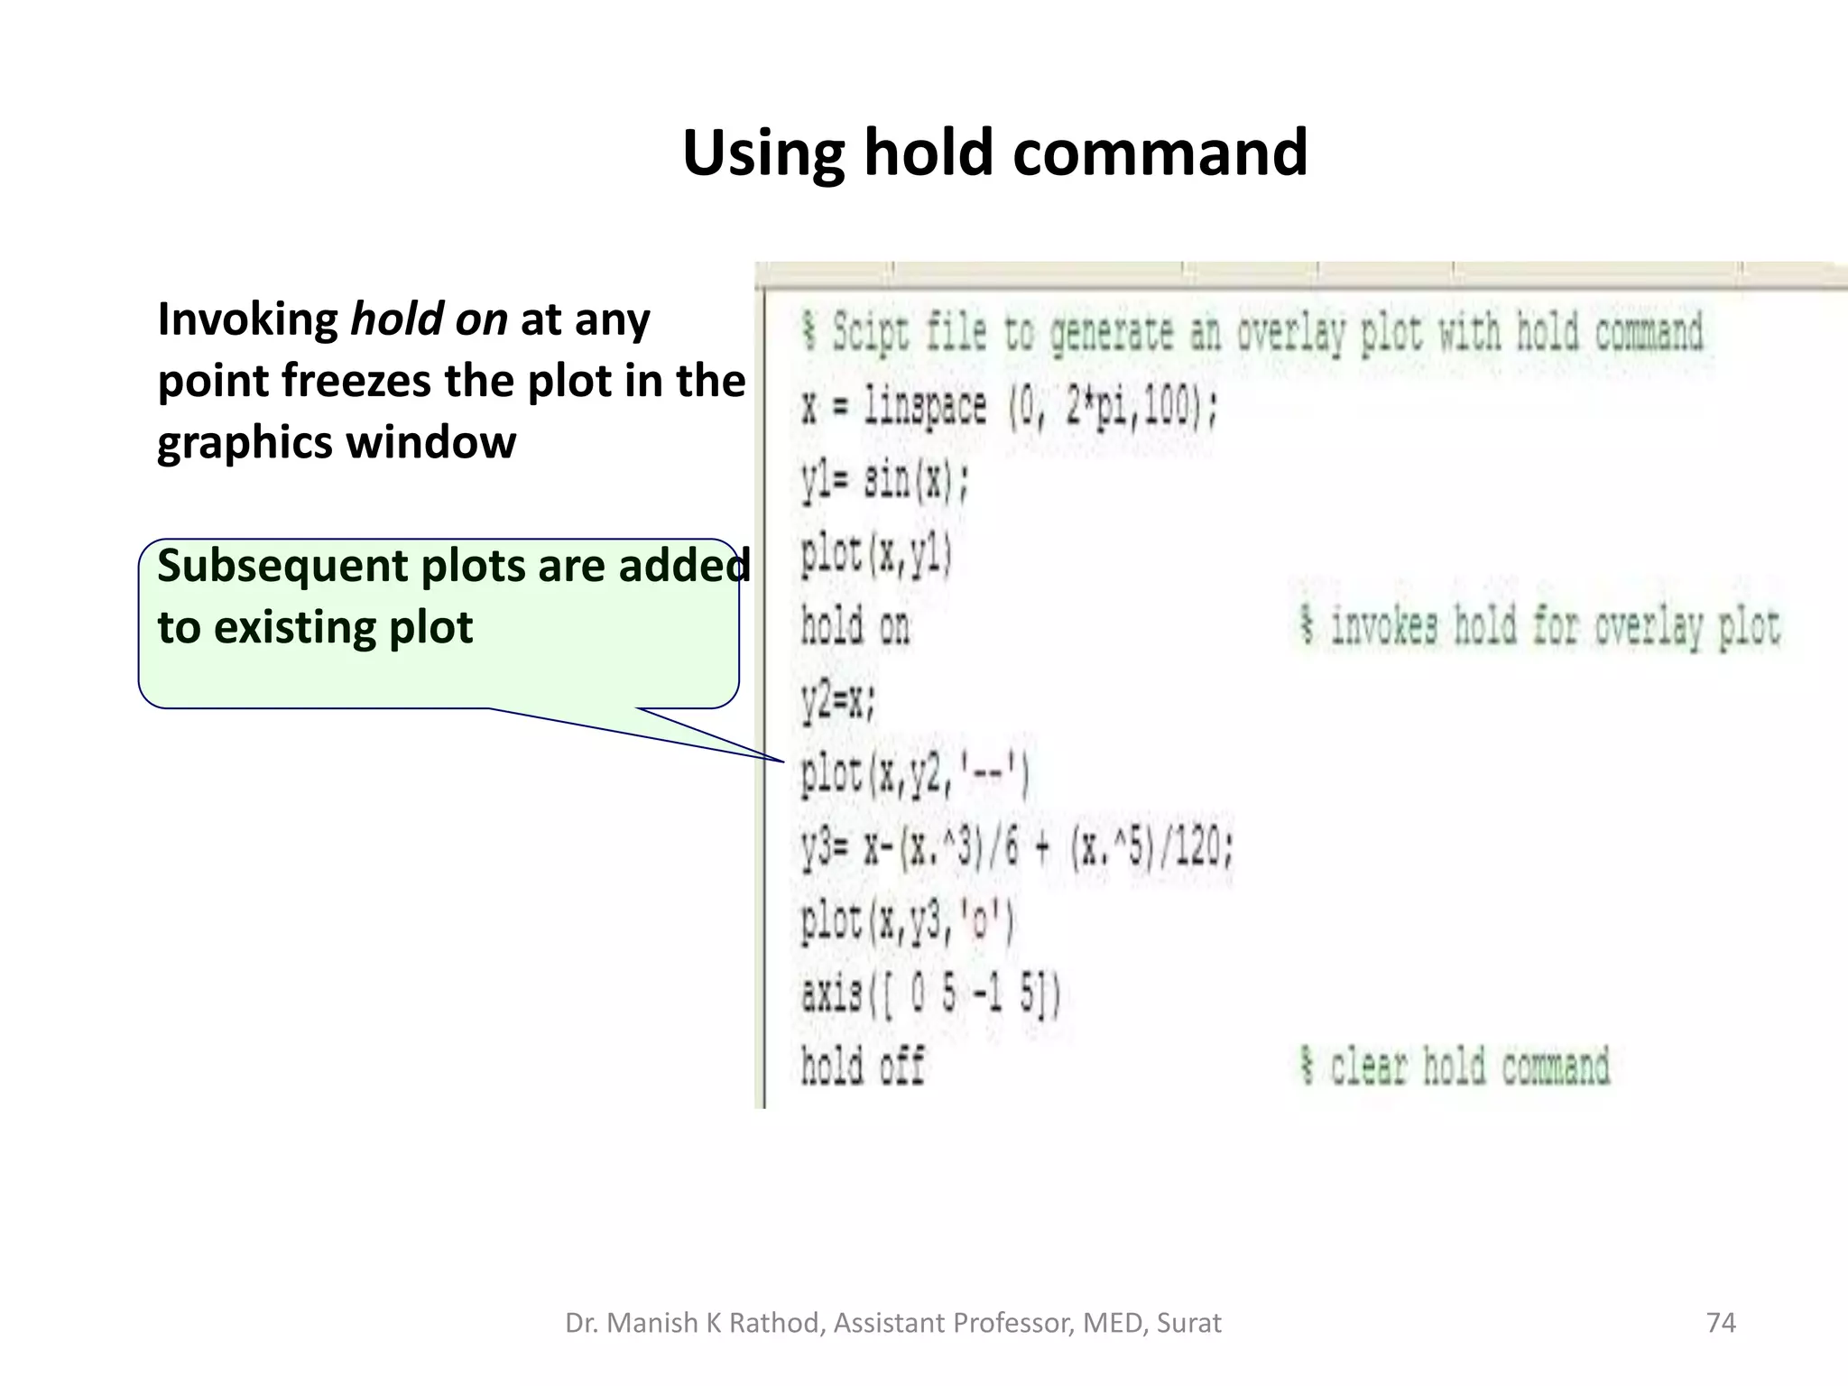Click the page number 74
1721,1323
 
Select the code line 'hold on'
855,626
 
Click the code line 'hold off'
863,1067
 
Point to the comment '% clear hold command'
1455,1067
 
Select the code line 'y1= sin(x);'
884,480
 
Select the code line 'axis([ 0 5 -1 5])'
930,994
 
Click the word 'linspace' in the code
925,408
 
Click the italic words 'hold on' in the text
429,319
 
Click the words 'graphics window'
337,442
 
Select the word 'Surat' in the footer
1188,1323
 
